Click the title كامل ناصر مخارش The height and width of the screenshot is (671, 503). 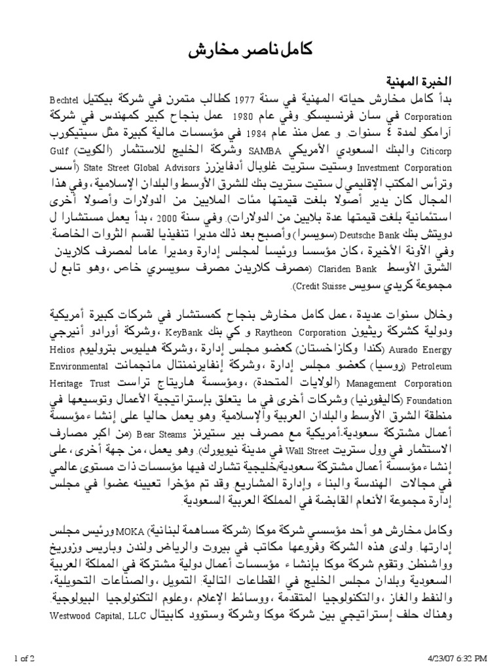click(x=251, y=52)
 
